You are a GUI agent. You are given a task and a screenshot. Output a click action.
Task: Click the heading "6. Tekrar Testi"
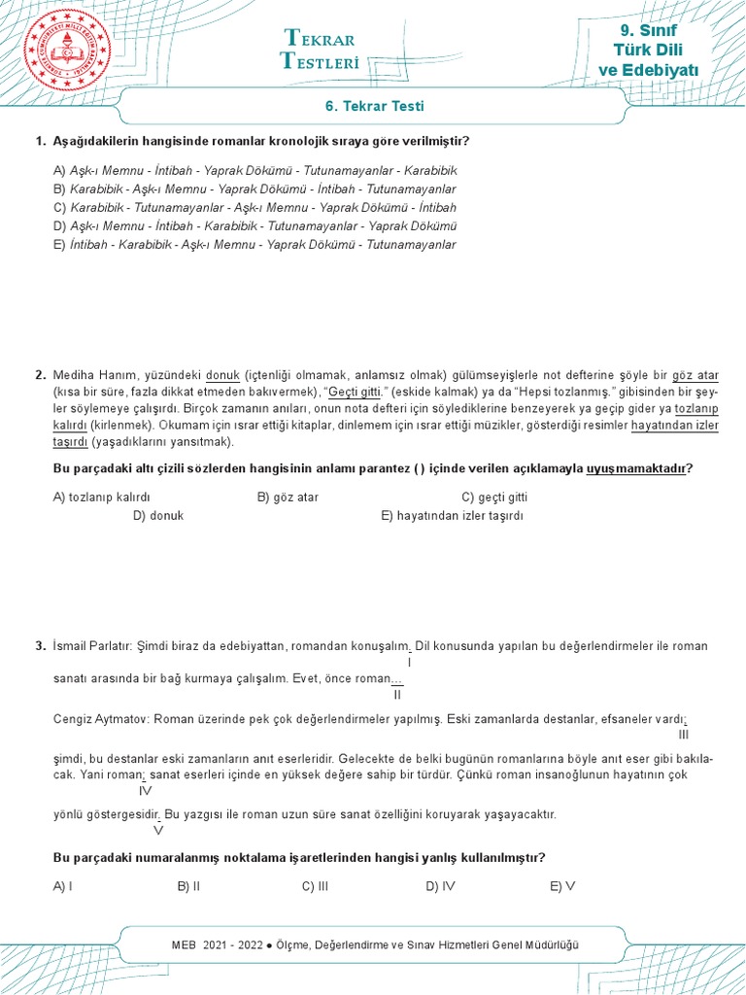click(373, 107)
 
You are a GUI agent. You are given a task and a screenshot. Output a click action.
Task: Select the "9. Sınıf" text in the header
click(648, 31)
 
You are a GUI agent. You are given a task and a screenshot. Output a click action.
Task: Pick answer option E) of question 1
click(254, 245)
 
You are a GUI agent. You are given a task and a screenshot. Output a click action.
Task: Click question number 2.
click(40, 375)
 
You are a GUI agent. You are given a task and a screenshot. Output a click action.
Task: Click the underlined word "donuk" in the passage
click(223, 375)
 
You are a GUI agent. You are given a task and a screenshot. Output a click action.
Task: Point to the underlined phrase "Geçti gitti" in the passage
click(355, 392)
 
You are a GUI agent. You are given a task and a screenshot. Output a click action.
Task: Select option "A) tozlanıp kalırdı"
click(101, 497)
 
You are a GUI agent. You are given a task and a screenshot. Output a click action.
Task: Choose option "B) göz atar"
click(288, 497)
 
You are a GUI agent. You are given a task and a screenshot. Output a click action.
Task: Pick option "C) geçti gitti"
click(494, 497)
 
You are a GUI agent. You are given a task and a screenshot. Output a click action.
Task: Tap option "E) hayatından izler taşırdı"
click(452, 516)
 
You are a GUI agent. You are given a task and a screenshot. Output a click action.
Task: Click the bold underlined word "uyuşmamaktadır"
click(635, 468)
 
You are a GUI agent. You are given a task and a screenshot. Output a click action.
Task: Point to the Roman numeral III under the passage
click(683, 736)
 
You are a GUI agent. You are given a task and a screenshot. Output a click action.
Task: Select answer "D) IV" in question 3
click(440, 886)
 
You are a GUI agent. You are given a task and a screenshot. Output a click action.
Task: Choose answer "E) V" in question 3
click(562, 886)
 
